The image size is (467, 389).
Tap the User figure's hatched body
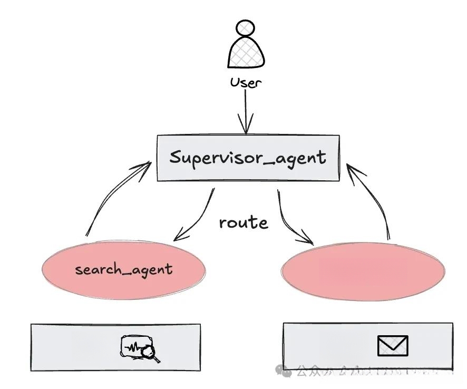[x=246, y=53]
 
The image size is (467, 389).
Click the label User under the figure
[x=246, y=83]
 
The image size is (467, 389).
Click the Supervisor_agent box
[x=248, y=158]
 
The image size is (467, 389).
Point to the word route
[x=244, y=223]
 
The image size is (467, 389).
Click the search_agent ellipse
[x=123, y=270]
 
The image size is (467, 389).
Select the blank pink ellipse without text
[x=363, y=272]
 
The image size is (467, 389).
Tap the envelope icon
[x=393, y=346]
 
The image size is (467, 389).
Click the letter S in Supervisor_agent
[x=176, y=157]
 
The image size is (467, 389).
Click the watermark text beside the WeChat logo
[x=369, y=372]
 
